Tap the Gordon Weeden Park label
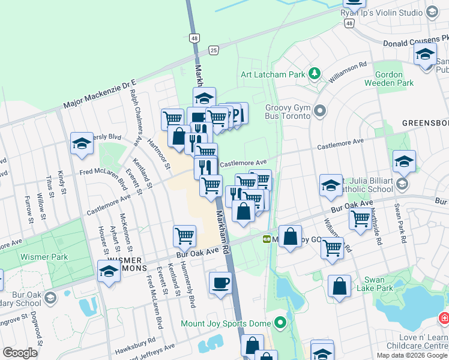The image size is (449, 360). [x=394, y=79]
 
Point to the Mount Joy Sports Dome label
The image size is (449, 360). [x=226, y=323]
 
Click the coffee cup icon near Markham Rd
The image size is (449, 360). [x=220, y=283]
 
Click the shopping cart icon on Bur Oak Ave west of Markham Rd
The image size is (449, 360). [x=184, y=236]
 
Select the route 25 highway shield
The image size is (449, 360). [x=213, y=50]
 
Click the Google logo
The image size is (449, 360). [x=20, y=353]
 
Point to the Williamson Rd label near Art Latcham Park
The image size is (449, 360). [x=346, y=73]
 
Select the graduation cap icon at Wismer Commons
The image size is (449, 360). [x=109, y=271]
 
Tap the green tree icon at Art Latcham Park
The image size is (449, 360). [x=313, y=74]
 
